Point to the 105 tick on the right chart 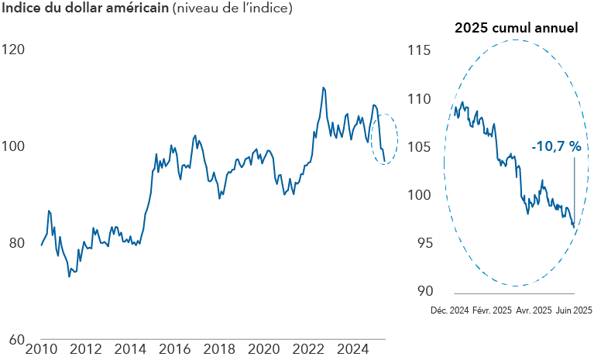[x=417, y=146]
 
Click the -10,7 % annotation [x=555, y=146]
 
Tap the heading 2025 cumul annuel [x=516, y=29]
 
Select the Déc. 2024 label [x=450, y=310]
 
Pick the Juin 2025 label [x=574, y=310]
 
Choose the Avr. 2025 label [x=534, y=310]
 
